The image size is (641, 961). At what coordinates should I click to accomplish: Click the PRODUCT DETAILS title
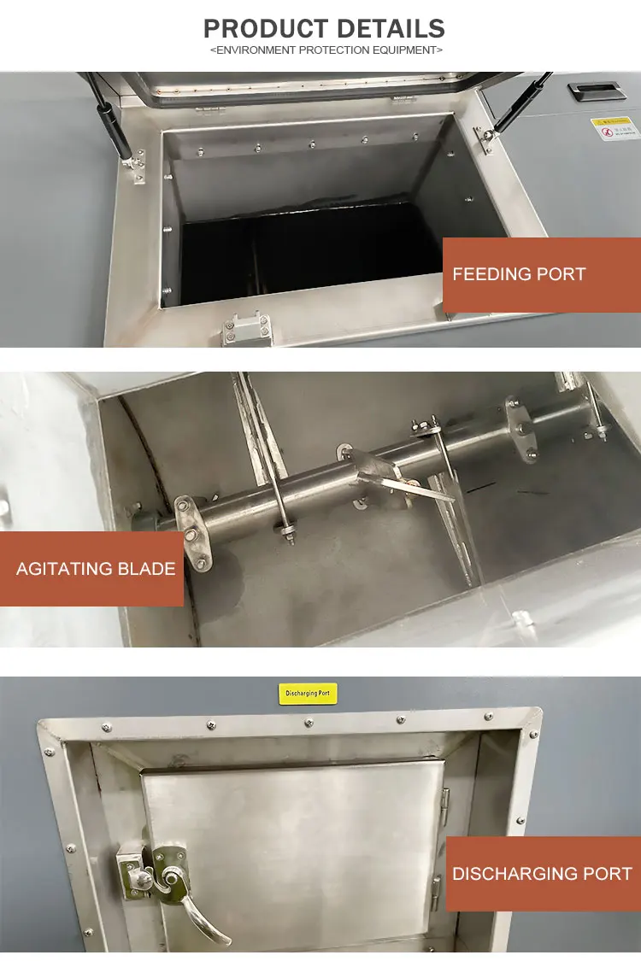point(324,28)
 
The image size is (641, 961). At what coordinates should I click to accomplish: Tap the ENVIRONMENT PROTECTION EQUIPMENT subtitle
point(326,50)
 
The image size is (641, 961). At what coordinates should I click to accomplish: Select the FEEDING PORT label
point(519,274)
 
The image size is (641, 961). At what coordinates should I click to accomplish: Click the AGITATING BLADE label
point(96,569)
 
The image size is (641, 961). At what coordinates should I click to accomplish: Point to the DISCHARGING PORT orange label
point(542,873)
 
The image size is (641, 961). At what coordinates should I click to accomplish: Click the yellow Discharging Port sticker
point(309,694)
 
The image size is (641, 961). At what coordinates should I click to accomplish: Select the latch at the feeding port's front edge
point(247,329)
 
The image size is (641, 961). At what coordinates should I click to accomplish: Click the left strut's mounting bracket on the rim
point(136,166)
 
